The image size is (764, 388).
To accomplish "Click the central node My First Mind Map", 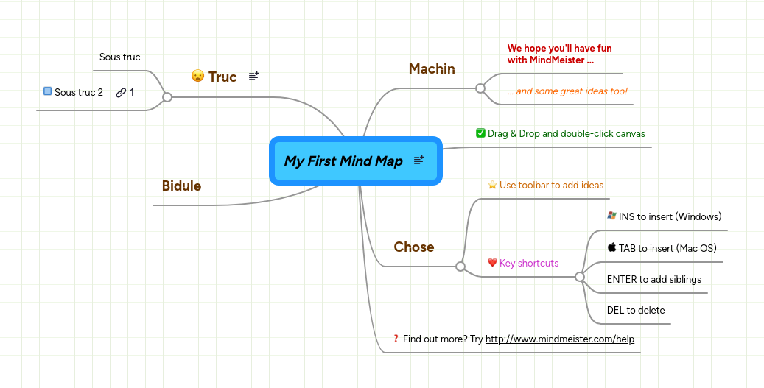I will click(343, 161).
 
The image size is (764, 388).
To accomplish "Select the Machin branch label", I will click(432, 68).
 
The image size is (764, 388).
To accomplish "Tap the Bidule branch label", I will click(181, 186).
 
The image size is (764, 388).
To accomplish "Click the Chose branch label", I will click(413, 247).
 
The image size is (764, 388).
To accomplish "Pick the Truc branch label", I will click(222, 77).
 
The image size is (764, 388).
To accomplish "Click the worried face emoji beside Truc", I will click(197, 76).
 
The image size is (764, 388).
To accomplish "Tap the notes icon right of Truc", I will click(253, 76).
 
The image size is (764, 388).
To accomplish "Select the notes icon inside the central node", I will click(418, 161).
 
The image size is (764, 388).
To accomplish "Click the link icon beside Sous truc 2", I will click(121, 92).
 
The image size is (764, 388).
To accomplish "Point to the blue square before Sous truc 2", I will click(47, 91).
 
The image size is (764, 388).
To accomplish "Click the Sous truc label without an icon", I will click(119, 57).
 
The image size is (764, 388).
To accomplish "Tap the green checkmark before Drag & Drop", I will click(480, 133).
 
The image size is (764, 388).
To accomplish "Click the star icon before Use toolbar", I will click(492, 185).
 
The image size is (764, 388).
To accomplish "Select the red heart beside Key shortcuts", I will click(492, 263).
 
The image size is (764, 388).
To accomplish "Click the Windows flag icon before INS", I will click(611, 216).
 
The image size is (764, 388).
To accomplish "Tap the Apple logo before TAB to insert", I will click(611, 247).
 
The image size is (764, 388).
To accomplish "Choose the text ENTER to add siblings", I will click(653, 279).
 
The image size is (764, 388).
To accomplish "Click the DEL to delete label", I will click(635, 310).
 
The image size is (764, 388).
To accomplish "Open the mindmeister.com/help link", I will click(559, 339).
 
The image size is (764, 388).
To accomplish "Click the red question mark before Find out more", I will click(396, 339).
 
